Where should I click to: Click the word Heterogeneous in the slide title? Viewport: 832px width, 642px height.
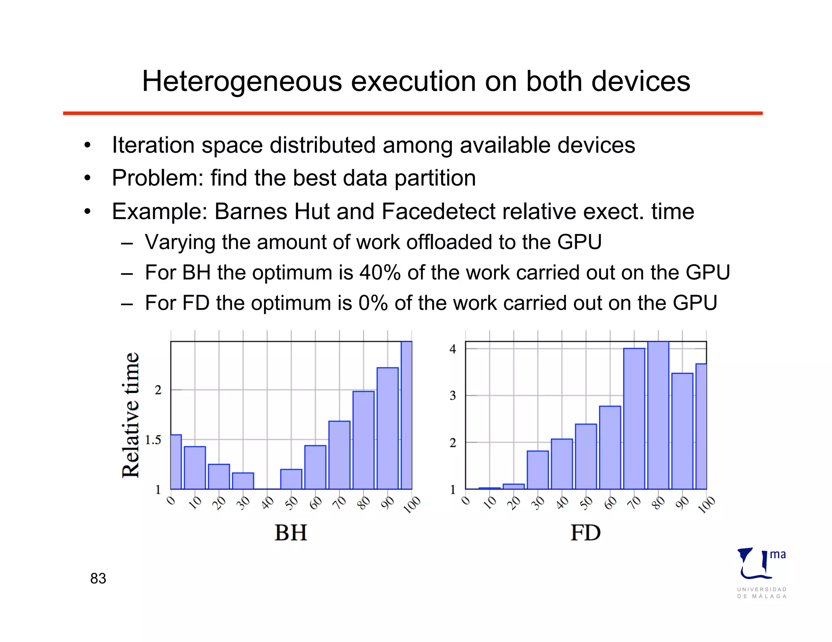click(x=242, y=82)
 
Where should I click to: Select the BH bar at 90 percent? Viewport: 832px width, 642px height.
click(x=388, y=428)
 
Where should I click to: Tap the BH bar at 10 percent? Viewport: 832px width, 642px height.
click(x=195, y=467)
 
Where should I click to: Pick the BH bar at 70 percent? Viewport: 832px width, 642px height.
click(x=339, y=455)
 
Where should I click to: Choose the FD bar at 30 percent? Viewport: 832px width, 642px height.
click(x=537, y=470)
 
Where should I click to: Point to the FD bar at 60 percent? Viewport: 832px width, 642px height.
click(x=610, y=447)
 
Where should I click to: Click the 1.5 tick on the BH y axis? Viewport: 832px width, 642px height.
click(x=153, y=440)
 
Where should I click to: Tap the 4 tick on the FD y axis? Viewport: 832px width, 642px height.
click(x=453, y=349)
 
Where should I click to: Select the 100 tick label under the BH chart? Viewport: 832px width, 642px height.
click(x=412, y=505)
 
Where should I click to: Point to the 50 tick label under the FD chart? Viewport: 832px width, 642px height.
click(x=586, y=503)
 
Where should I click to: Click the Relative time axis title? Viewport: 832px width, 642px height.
click(x=131, y=415)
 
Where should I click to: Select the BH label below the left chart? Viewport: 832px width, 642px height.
click(x=291, y=532)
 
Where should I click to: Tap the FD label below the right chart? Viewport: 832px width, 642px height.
click(x=585, y=532)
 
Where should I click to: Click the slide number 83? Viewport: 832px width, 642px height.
click(x=98, y=578)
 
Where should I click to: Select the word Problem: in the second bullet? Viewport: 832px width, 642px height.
click(x=157, y=178)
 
